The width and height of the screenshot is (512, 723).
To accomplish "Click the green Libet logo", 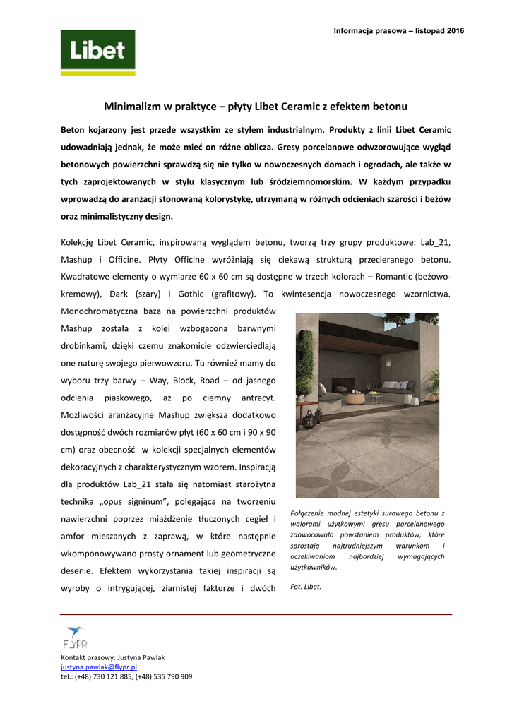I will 97,53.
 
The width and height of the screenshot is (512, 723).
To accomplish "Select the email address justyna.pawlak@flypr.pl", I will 99,667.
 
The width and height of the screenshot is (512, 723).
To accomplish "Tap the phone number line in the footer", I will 126,676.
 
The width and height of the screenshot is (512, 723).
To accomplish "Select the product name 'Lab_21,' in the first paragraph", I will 435,242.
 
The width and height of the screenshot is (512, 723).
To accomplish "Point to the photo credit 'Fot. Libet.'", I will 306,586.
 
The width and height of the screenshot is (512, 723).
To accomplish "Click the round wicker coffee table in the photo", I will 356,398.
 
